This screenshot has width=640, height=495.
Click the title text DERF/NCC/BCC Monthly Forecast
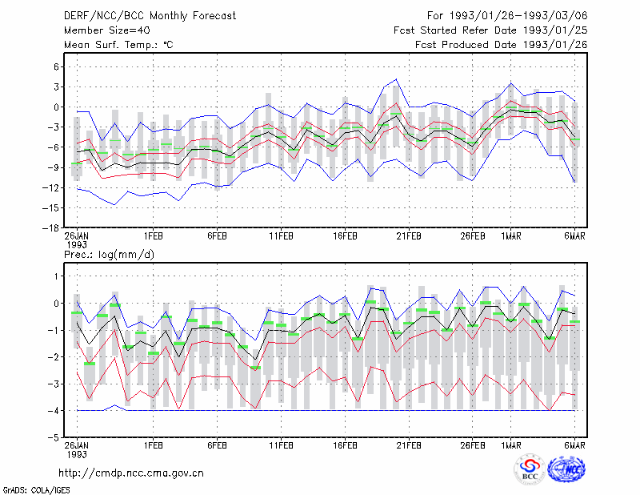pyautogui.click(x=150, y=16)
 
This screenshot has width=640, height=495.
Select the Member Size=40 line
pyautogui.click(x=107, y=30)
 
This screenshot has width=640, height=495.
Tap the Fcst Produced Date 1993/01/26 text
pyautogui.click(x=502, y=45)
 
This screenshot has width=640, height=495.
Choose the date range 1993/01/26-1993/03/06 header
pyautogui.click(x=507, y=16)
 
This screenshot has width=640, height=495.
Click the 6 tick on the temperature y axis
pyautogui.click(x=56, y=66)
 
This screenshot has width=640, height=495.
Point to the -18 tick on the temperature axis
pyautogui.click(x=50, y=228)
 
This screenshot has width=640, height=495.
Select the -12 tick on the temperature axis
pyautogui.click(x=50, y=187)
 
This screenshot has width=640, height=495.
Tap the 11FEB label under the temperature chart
pyautogui.click(x=281, y=236)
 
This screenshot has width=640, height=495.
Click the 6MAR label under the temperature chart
pyautogui.click(x=574, y=236)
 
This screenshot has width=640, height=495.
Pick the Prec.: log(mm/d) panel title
pyautogui.click(x=109, y=255)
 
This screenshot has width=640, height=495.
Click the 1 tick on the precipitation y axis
pyautogui.click(x=57, y=276)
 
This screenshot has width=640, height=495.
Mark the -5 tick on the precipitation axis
pyautogui.click(x=54, y=437)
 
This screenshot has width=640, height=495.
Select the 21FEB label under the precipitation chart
pyautogui.click(x=409, y=445)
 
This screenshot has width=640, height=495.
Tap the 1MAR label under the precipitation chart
pyautogui.click(x=511, y=445)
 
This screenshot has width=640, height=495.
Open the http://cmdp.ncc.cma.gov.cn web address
pyautogui.click(x=131, y=473)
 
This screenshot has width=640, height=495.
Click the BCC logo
pyautogui.click(x=530, y=470)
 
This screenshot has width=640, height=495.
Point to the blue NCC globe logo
pyautogui.click(x=566, y=469)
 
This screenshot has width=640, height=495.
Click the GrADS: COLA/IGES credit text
pyautogui.click(x=36, y=490)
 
